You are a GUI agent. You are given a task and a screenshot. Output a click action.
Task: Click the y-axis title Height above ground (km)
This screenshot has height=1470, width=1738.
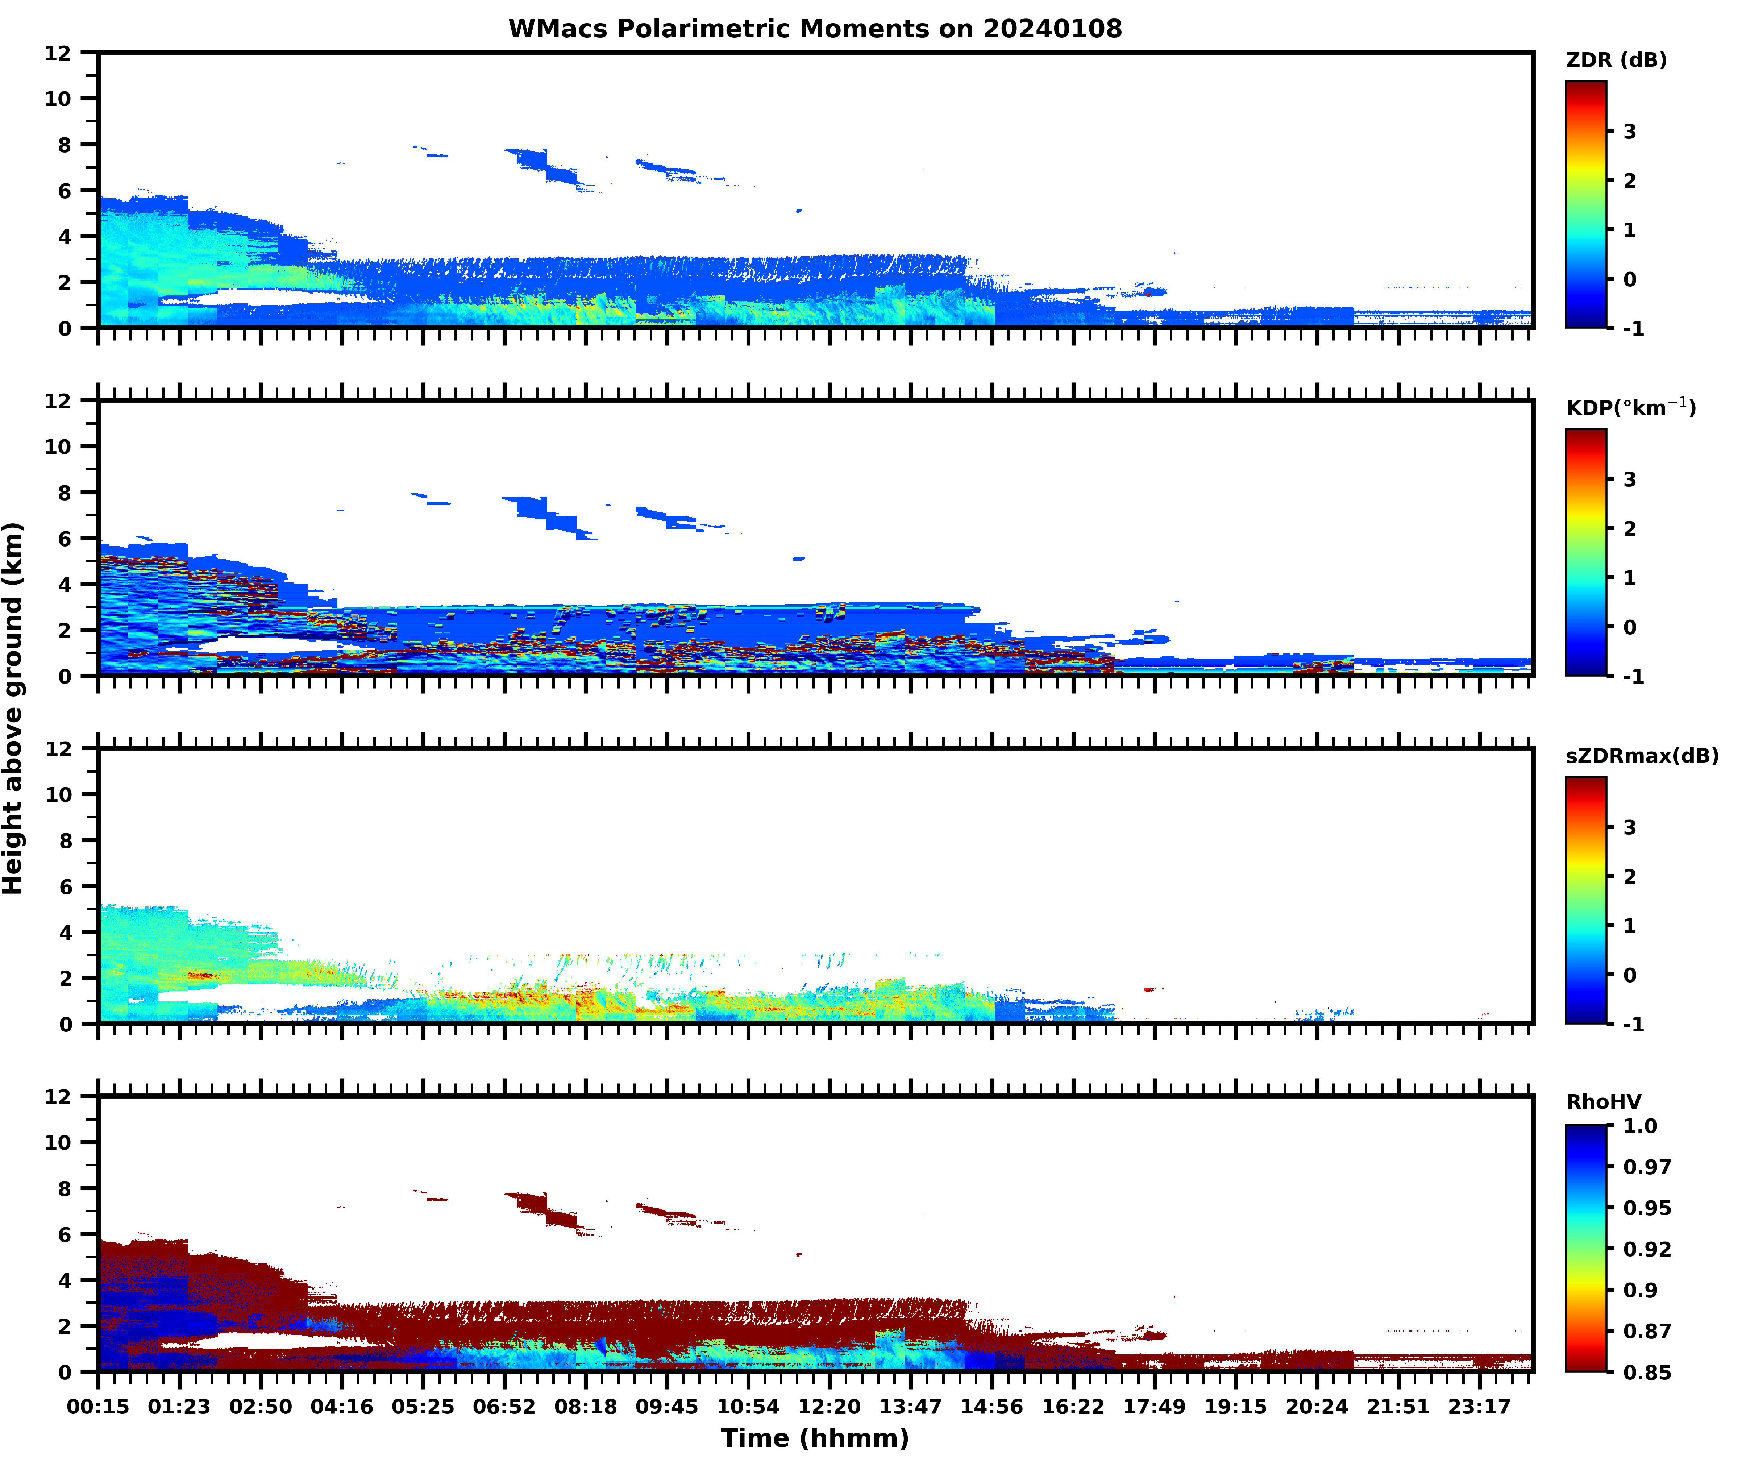point(13,708)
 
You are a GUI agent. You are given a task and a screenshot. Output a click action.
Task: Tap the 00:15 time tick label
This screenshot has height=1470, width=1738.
point(98,1407)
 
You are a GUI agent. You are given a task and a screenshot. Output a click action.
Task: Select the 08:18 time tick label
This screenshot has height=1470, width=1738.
point(586,1407)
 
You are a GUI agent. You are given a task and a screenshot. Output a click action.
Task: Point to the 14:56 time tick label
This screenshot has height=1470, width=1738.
point(991,1407)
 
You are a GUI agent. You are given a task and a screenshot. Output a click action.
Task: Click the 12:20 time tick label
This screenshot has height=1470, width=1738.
point(829,1407)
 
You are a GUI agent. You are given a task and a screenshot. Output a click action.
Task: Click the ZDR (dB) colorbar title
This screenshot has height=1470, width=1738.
point(1616,60)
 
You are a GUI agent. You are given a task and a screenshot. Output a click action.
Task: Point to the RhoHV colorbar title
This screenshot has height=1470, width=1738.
point(1603,1102)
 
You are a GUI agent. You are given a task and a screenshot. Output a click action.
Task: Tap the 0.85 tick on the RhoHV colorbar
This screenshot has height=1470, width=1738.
point(1646,1372)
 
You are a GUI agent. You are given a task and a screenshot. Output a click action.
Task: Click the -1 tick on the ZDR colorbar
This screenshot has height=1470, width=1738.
point(1633,328)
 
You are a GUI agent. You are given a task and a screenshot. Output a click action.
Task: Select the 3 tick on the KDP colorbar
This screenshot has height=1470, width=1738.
point(1630,479)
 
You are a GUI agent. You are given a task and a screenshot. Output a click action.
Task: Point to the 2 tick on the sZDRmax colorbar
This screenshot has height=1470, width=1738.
point(1630,876)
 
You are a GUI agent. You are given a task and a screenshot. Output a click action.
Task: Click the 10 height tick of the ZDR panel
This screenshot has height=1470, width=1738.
point(58,98)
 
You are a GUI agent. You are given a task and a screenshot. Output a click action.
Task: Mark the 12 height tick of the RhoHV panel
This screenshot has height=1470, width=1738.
point(58,1097)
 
